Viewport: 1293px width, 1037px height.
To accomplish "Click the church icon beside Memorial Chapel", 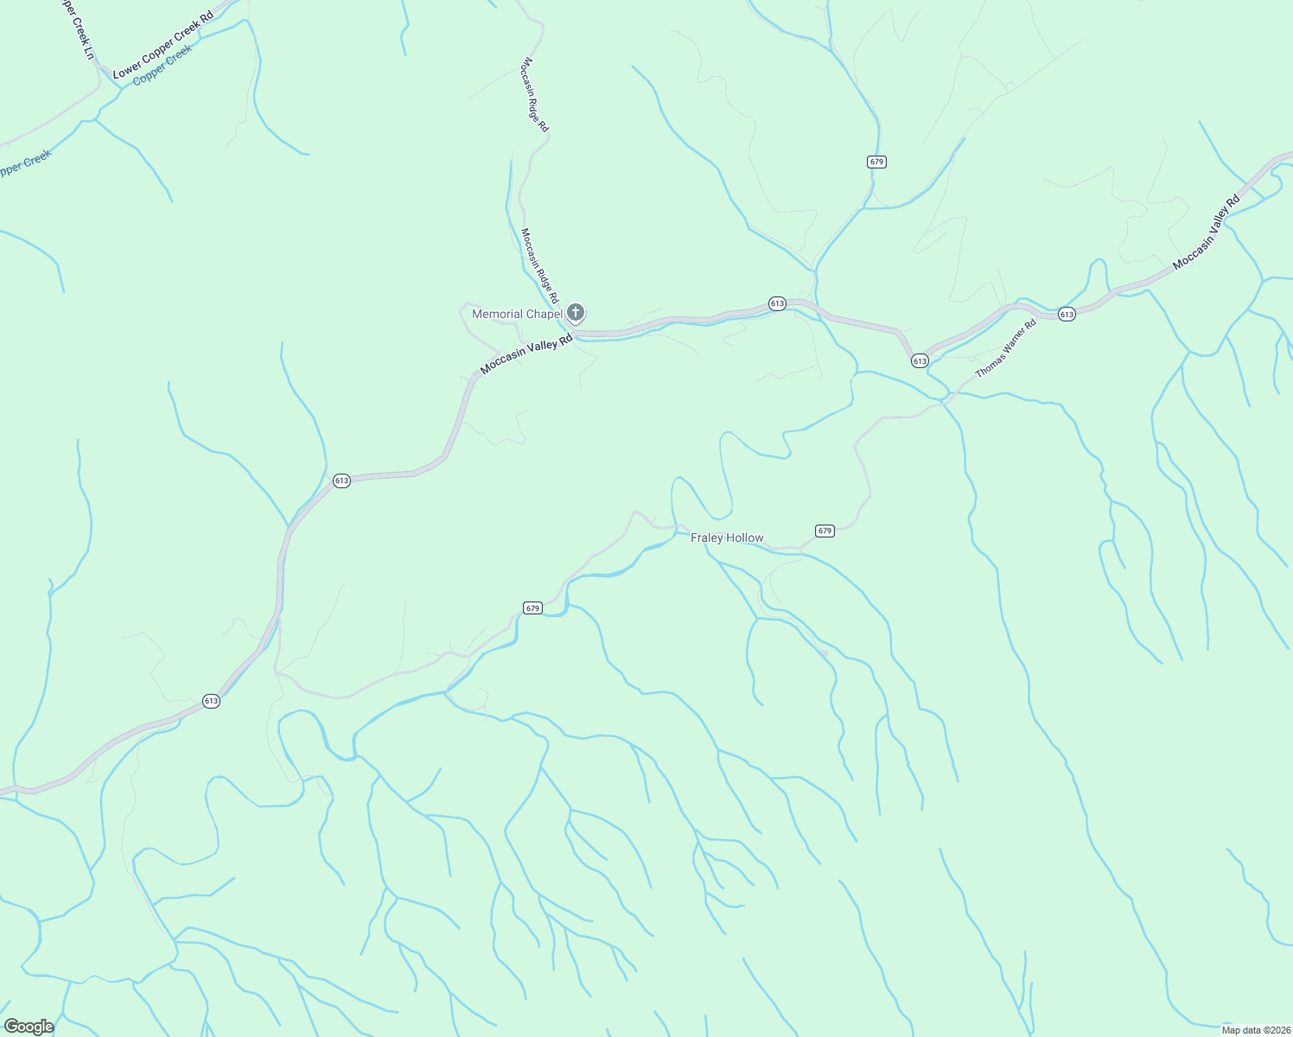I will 576,313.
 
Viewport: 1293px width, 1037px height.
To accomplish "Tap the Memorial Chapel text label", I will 517,314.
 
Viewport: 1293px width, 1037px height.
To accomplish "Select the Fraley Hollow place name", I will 727,538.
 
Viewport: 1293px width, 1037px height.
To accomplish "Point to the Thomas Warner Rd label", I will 1005,349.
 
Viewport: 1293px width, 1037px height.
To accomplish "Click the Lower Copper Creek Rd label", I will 163,46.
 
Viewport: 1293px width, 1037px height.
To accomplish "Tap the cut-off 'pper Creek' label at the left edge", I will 24,163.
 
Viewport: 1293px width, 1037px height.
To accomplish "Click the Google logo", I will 29,1027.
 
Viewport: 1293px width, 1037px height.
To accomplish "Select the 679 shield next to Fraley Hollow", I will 825,531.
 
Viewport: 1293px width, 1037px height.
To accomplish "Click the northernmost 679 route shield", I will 877,162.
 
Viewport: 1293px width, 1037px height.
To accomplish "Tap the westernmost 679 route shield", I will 532,608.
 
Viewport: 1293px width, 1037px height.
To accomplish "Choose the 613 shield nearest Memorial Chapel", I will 777,303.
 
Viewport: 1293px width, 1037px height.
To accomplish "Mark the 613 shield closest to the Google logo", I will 212,701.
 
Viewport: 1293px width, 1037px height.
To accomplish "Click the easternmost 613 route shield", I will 1067,315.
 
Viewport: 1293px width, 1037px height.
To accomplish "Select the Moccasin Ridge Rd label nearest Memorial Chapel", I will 539,265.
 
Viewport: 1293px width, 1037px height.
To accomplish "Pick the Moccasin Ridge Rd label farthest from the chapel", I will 535,95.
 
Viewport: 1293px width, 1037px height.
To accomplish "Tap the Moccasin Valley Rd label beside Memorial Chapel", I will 526,354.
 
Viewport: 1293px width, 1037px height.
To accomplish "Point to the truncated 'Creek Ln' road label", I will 78,29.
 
